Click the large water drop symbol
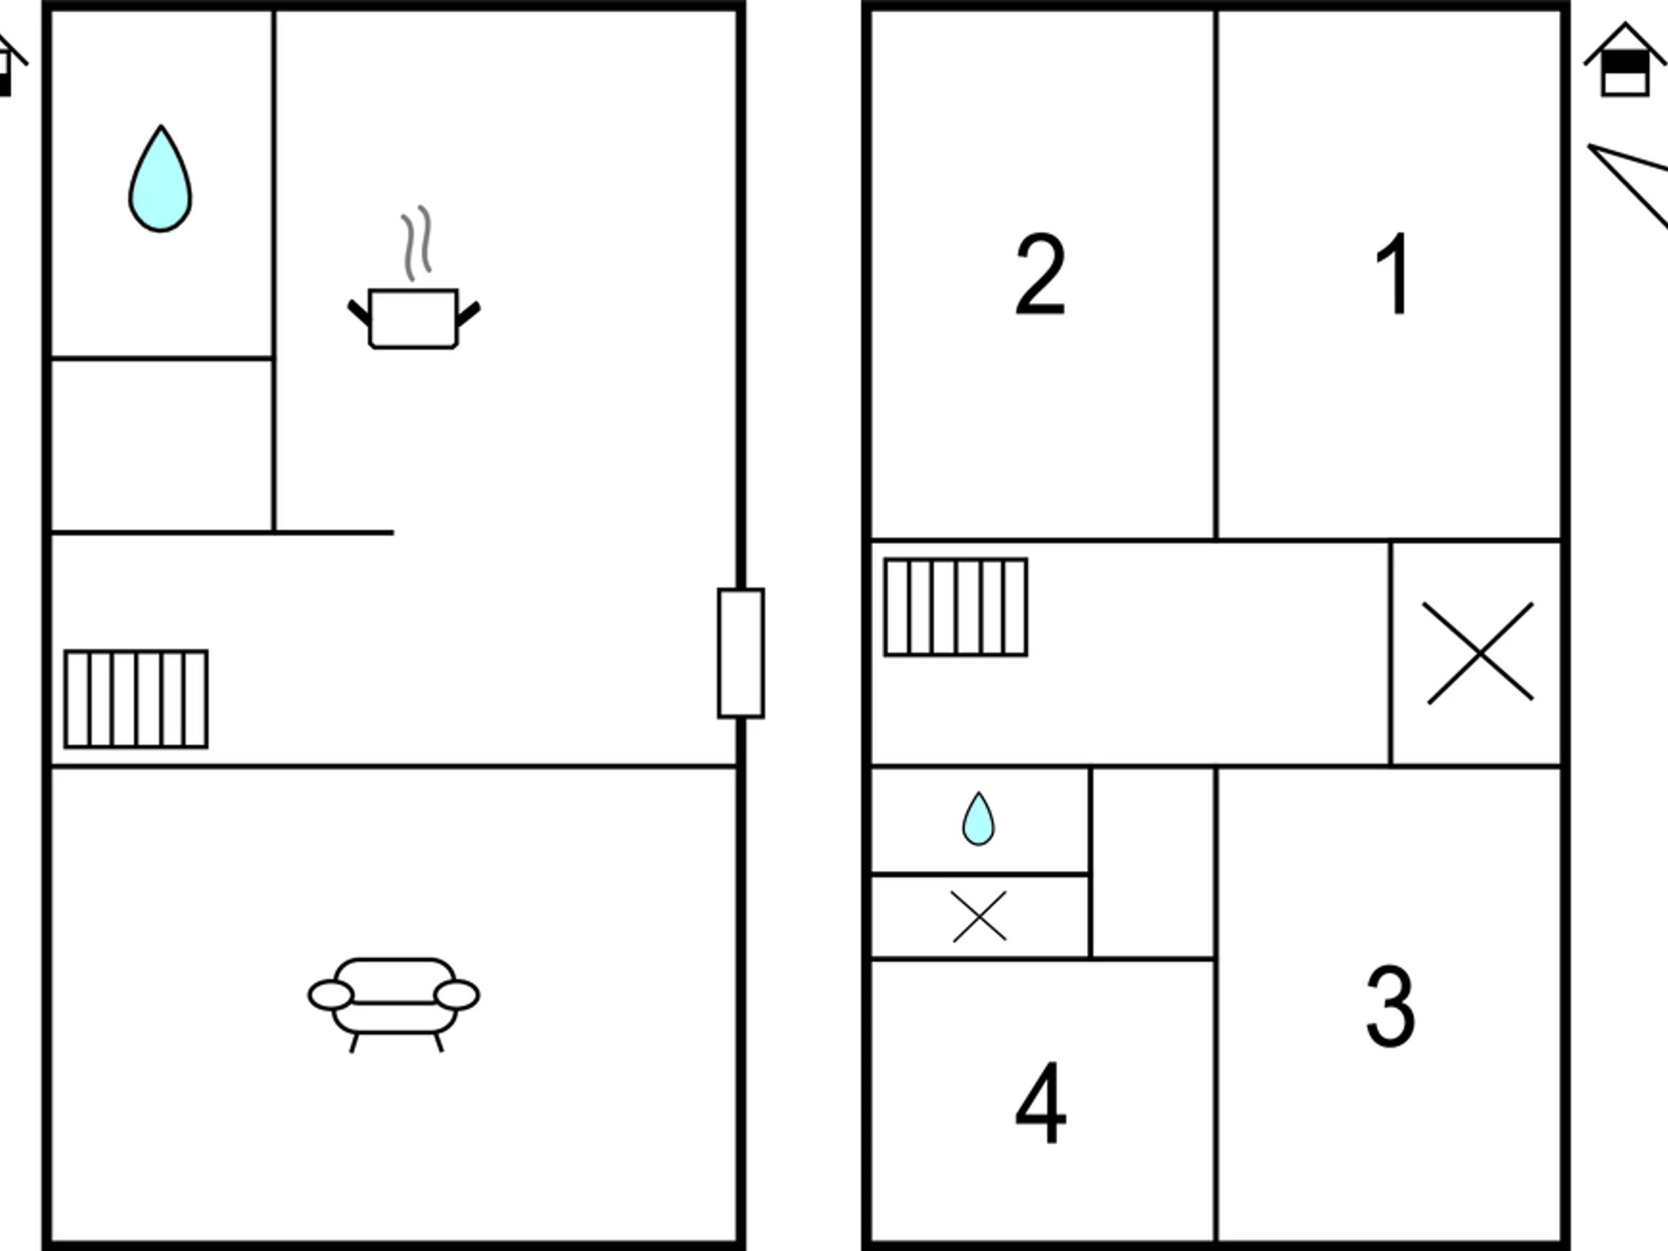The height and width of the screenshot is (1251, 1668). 160,179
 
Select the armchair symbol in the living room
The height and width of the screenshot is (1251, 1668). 393,1004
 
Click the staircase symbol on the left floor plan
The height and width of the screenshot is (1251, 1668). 136,699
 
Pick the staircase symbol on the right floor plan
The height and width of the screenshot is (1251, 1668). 956,607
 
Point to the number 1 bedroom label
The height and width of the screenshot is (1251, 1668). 1392,273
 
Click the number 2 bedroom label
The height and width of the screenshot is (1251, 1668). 1040,273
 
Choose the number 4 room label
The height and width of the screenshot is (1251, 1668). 1040,1102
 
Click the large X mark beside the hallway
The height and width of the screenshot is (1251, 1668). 1480,653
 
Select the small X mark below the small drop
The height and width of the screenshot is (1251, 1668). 979,916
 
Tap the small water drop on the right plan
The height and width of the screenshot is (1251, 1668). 978,818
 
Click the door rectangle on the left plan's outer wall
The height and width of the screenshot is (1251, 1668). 740,653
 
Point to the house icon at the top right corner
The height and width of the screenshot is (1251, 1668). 1625,60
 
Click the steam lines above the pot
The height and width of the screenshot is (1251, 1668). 416,243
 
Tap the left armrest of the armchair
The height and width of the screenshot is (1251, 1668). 330,995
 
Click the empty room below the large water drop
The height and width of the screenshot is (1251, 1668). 161,445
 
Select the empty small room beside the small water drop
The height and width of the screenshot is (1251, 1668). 1153,862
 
